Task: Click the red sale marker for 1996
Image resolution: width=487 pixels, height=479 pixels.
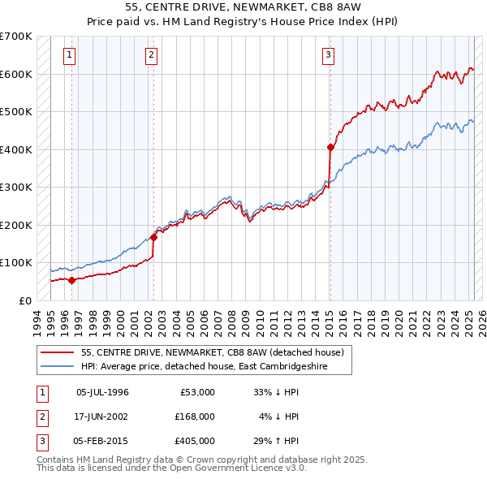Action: [71, 281]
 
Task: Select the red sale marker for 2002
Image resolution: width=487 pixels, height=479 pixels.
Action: [153, 237]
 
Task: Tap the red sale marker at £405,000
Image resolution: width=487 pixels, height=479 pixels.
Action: [330, 148]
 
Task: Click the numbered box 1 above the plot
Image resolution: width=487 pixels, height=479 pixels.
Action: [71, 55]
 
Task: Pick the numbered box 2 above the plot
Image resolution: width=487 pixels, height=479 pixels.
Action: [152, 55]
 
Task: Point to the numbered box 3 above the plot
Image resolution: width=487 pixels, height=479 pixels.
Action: [328, 55]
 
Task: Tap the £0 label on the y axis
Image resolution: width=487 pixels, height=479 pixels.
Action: [25, 300]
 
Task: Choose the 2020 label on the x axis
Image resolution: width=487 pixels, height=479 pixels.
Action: [401, 318]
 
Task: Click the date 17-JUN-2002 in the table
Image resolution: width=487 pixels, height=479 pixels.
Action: [102, 416]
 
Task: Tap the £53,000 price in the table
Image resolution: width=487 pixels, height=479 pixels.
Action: [196, 392]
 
